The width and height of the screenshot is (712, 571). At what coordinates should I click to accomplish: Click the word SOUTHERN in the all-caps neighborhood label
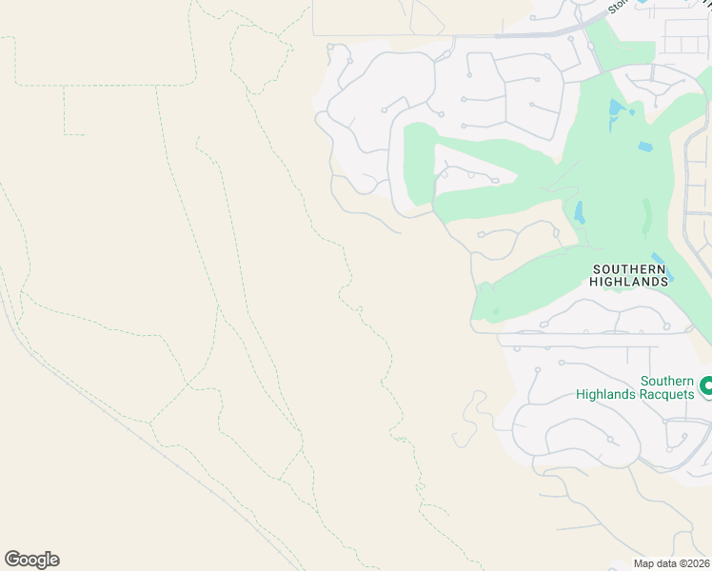(628, 269)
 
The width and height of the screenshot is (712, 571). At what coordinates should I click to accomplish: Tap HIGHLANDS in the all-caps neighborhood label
(628, 282)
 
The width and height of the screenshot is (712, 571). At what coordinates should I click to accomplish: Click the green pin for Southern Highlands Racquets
(705, 386)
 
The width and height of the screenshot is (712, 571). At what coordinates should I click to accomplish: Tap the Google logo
(31, 560)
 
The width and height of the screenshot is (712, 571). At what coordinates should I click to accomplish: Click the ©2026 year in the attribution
(694, 563)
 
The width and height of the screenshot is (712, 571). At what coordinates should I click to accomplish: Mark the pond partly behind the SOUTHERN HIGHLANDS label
(666, 271)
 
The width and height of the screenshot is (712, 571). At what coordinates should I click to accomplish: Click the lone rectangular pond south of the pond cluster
(645, 148)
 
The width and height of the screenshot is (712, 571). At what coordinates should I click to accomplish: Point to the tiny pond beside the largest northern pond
(631, 113)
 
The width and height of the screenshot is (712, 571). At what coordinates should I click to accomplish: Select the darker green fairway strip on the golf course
(648, 214)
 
